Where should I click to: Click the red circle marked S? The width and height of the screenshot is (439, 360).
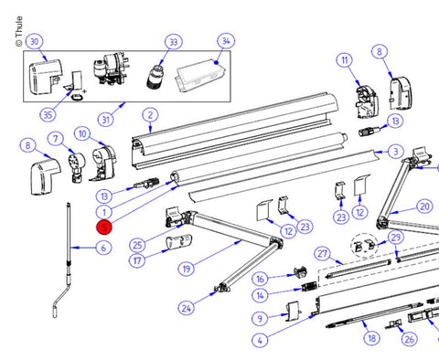(104, 228)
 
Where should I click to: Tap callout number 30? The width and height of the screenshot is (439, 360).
(35, 41)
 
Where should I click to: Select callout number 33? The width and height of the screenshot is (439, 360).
(174, 42)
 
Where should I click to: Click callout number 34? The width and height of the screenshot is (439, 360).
(226, 41)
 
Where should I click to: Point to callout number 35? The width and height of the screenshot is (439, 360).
(48, 115)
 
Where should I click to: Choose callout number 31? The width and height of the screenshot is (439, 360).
(106, 120)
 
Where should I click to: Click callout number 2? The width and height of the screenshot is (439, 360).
(150, 115)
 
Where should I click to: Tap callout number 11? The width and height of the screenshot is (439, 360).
(345, 60)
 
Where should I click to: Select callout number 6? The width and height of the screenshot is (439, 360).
(103, 248)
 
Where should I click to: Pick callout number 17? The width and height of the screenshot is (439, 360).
(137, 260)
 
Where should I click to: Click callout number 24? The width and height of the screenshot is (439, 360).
(187, 308)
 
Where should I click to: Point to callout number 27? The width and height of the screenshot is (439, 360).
(322, 253)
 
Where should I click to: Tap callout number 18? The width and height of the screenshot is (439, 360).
(371, 338)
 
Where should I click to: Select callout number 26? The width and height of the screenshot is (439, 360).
(409, 339)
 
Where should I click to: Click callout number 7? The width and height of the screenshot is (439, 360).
(55, 139)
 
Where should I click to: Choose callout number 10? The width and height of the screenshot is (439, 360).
(82, 134)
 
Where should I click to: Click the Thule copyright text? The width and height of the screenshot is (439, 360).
(19, 32)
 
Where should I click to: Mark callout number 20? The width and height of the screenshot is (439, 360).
(424, 206)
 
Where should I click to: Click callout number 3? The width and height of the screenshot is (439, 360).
(395, 152)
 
